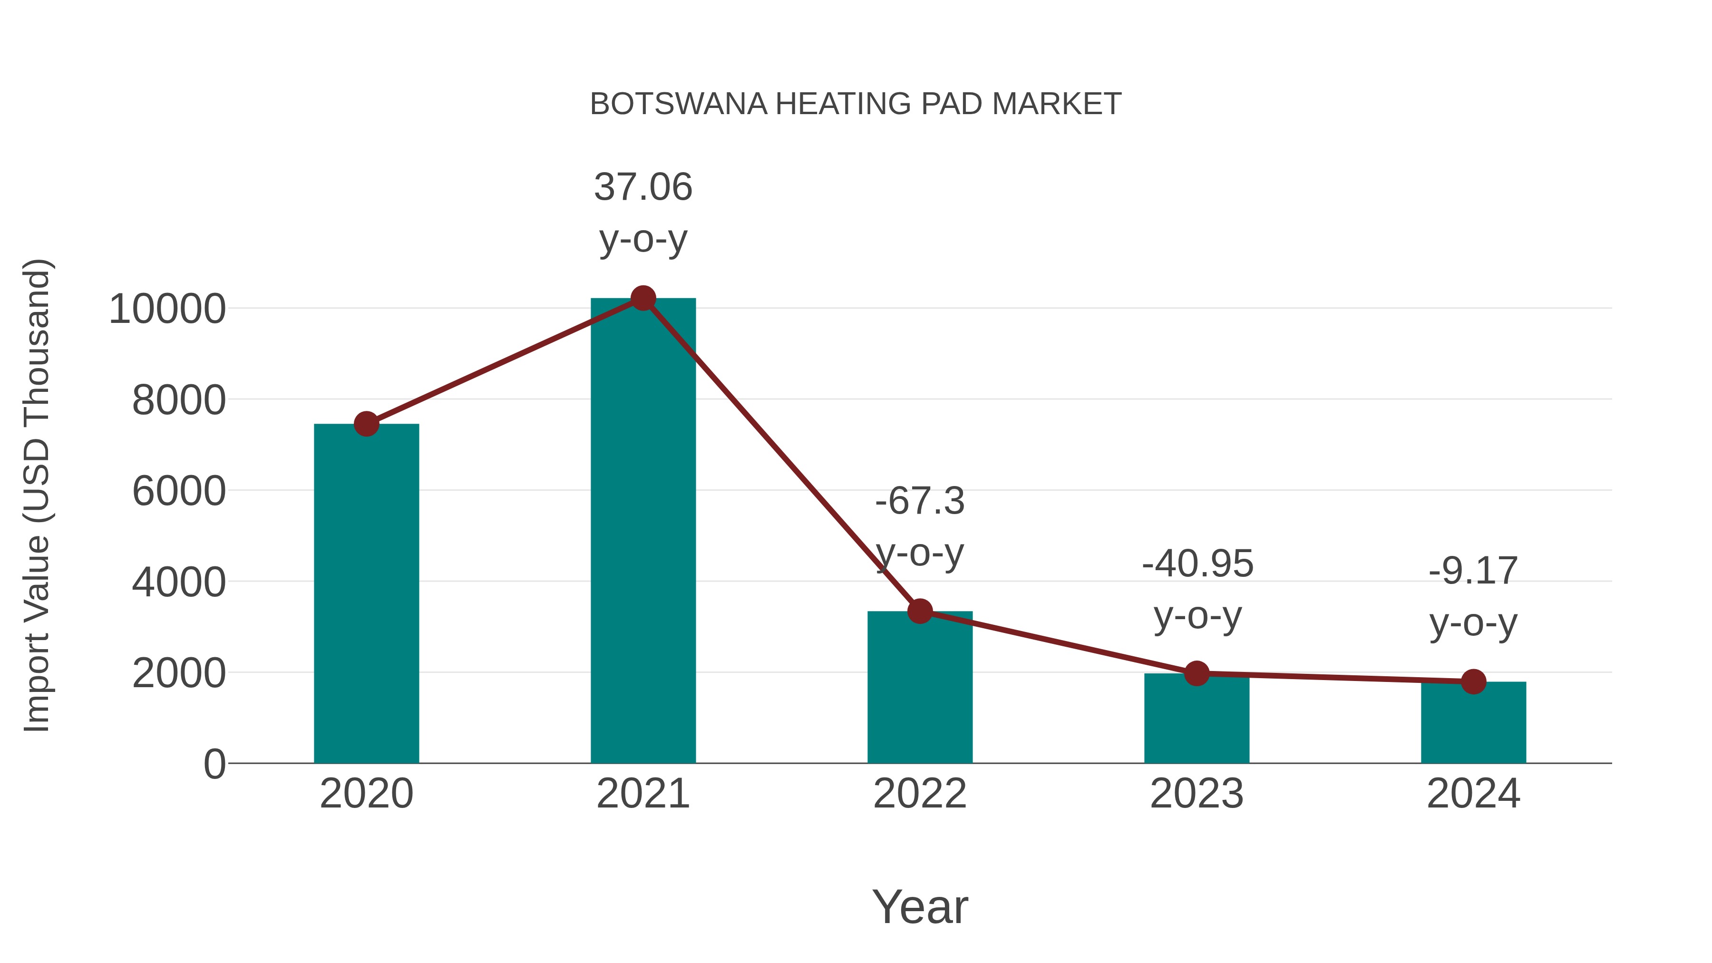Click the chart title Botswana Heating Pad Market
[856, 104]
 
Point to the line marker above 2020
[366, 423]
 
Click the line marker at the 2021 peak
[642, 298]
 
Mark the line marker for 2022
[920, 611]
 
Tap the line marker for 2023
[1196, 673]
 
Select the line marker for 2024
[1473, 681]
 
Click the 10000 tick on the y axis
[167, 309]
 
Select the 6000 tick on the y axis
[179, 492]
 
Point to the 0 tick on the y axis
[214, 764]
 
